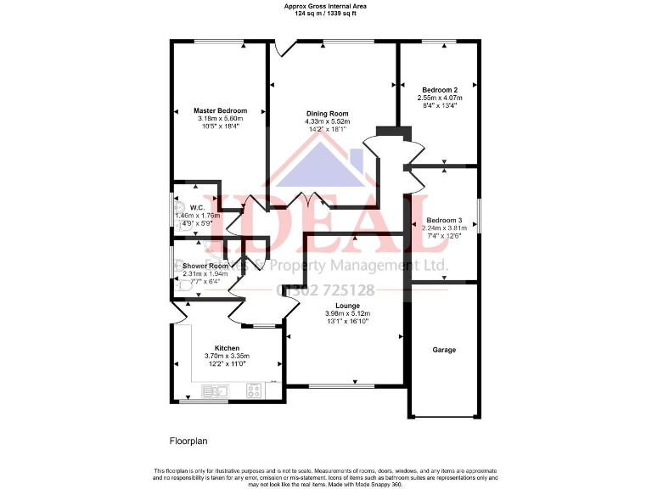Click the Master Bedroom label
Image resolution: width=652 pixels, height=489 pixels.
220,111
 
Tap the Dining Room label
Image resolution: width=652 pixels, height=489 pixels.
327,114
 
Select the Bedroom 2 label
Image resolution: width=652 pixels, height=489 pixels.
440,90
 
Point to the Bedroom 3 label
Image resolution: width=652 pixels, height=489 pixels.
444,220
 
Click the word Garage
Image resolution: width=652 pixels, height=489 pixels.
444,350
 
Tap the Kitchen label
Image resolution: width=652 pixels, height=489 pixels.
227,348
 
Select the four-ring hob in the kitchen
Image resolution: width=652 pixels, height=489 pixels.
253,391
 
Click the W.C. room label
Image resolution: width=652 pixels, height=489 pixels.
197,208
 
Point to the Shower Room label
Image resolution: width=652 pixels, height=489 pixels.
205,266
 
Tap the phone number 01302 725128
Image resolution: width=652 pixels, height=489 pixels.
326,290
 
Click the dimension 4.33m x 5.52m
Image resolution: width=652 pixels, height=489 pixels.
327,121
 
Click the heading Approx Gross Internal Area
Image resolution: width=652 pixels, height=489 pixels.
325,5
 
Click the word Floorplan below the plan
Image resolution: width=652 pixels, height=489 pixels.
188,441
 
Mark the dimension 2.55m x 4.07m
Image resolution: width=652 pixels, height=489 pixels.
440,98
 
